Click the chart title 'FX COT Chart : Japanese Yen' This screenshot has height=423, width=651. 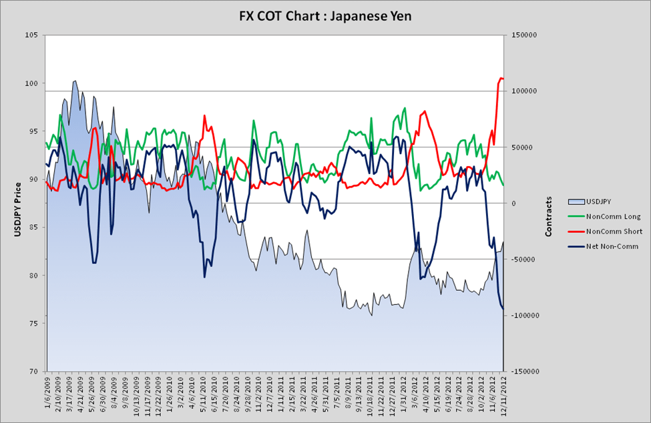[x=325, y=15]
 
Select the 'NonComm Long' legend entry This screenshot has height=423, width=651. [x=613, y=216]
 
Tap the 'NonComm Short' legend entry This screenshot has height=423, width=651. [x=614, y=232]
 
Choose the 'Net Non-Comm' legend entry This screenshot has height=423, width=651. [x=612, y=246]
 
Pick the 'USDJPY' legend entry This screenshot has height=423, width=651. [x=602, y=201]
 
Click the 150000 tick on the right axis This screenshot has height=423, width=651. [x=523, y=35]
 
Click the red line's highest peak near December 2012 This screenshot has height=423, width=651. [x=501, y=78]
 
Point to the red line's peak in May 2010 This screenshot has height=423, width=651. [x=204, y=115]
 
